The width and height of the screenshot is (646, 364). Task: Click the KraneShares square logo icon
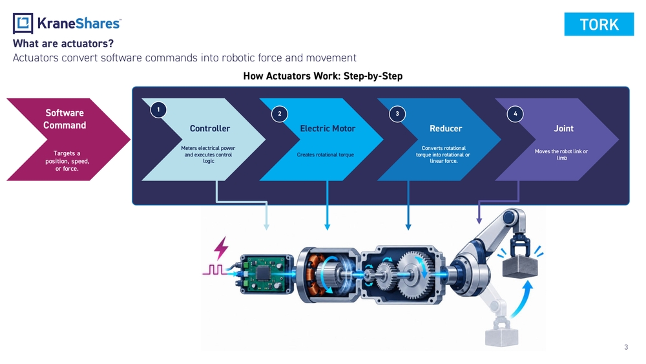tap(23, 23)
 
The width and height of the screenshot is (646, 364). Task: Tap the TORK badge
tap(599, 25)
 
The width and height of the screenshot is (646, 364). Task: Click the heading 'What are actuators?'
tap(63, 44)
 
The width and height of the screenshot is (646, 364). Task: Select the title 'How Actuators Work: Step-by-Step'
tap(322, 76)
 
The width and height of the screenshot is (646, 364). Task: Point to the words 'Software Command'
tap(65, 119)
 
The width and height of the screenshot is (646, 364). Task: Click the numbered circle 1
tap(158, 110)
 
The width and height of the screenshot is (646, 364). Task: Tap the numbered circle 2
tap(279, 114)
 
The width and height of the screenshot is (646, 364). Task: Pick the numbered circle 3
tap(397, 114)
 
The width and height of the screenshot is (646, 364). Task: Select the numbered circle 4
tap(515, 114)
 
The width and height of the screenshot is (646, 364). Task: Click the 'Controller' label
tap(210, 129)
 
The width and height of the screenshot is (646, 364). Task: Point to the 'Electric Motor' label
tap(328, 129)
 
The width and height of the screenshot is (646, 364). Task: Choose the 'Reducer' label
tap(446, 129)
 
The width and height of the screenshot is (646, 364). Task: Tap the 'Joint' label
tap(563, 129)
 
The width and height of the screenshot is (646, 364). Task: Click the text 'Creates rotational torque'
tap(326, 155)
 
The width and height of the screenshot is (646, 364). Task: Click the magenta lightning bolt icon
tap(221, 248)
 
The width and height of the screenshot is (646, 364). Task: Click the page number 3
tap(626, 347)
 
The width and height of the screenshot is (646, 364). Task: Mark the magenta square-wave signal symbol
tap(214, 270)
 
